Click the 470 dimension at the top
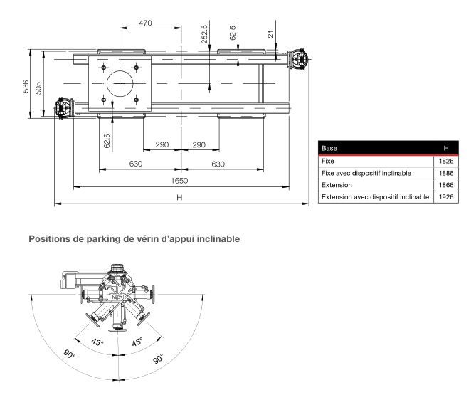pyautogui.click(x=145, y=23)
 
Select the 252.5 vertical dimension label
pyautogui.click(x=205, y=34)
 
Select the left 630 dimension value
pyautogui.click(x=136, y=164)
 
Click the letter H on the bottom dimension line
pyautogui.click(x=180, y=198)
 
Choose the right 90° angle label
pyautogui.click(x=158, y=359)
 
